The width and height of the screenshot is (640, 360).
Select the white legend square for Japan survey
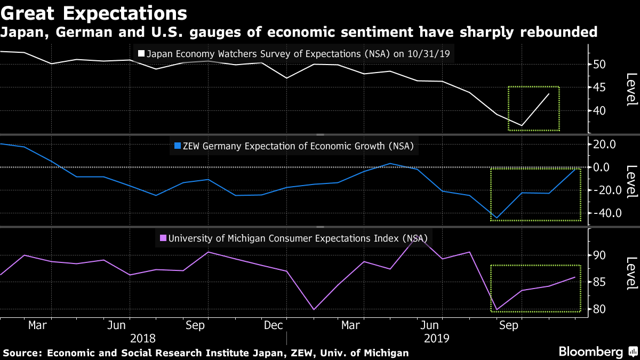pos(141,54)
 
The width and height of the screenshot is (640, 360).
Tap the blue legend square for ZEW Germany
pos(178,145)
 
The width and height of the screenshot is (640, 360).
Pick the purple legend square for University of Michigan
pos(163,238)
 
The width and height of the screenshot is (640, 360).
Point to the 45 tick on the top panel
pos(601,87)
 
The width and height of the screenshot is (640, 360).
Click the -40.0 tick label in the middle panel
pos(604,213)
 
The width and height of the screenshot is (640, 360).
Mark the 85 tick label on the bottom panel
pos(601,282)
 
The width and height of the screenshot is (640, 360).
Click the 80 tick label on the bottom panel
pos(601,309)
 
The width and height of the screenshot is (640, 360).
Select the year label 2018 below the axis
pos(143,338)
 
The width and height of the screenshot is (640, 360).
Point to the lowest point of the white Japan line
pos(522,126)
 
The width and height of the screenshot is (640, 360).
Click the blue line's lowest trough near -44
pos(497,218)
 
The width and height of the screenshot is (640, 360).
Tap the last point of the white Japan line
pos(549,94)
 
